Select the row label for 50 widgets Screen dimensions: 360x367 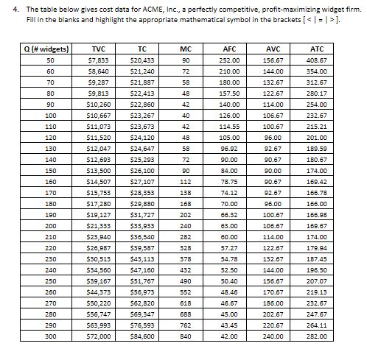(x=50, y=60)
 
